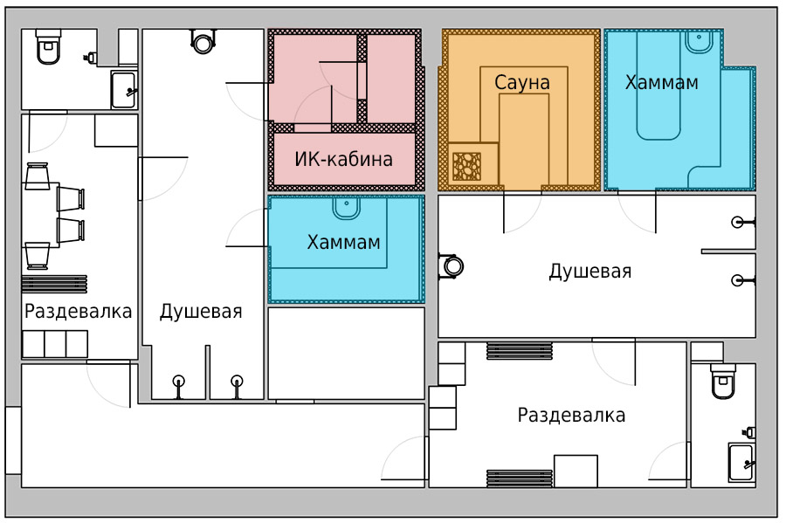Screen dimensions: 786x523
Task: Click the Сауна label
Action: coord(522,83)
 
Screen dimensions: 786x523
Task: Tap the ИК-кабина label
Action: coord(343,159)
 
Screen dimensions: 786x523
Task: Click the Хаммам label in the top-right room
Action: coord(662,82)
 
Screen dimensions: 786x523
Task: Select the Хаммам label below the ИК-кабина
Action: coord(343,243)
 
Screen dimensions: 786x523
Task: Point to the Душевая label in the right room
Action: coord(590,271)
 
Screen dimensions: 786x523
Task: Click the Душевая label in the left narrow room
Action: coord(201,312)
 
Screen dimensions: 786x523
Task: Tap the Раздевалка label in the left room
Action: coord(79,311)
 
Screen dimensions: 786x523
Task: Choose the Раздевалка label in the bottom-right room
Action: coord(571,416)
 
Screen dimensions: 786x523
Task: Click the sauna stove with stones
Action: coord(466,166)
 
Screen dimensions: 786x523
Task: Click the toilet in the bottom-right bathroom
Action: coord(723,382)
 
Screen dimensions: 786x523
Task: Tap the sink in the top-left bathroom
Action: coord(123,90)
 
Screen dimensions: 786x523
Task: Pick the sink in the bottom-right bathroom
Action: coord(741,462)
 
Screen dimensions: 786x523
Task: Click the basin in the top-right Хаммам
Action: coord(699,42)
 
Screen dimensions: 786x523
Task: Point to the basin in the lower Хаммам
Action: coord(347,208)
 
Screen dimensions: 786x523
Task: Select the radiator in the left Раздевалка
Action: coord(54,284)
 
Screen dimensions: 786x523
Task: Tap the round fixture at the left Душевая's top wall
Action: coord(203,42)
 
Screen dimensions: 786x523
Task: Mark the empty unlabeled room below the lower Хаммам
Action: coord(347,353)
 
